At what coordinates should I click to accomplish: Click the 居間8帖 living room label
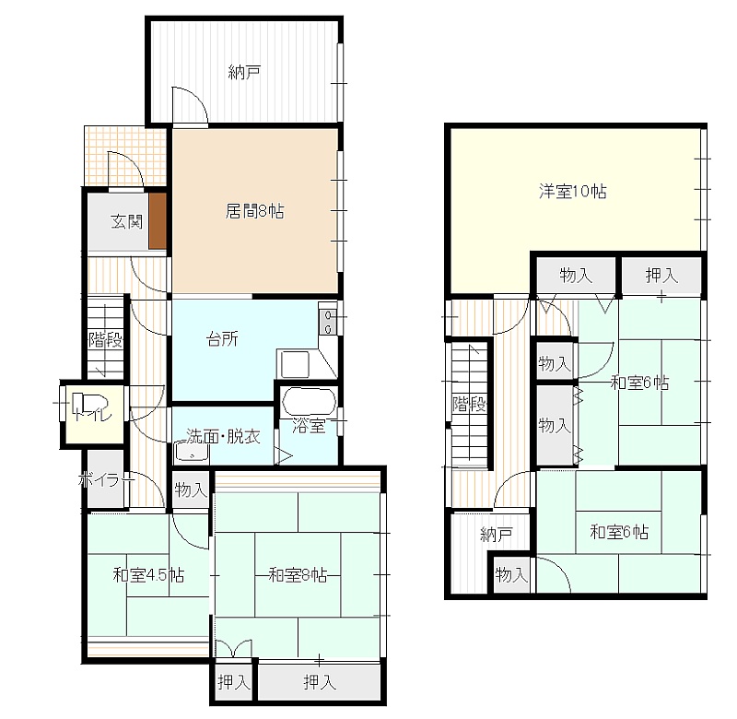pos(254,211)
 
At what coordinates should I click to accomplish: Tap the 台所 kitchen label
pos(222,338)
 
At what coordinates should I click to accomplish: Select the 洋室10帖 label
pos(572,192)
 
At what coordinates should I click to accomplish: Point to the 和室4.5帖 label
pos(148,574)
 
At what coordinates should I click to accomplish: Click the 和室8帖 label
pos(298,574)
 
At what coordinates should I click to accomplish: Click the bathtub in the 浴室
pos(309,402)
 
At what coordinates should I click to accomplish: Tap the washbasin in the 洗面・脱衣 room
pos(192,452)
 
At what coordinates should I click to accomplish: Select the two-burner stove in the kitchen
pos(328,321)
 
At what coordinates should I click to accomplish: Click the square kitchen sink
pos(295,364)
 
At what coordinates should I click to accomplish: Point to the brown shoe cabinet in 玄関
pos(158,220)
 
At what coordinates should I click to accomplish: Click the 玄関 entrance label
pos(127,221)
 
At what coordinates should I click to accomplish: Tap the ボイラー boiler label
pos(106,480)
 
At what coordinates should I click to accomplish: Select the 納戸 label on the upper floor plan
pos(497,535)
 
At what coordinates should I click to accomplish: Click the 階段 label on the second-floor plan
pos(469,404)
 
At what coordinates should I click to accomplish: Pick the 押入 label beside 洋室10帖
pos(661,275)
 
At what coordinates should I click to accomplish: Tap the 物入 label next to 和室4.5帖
pos(191,489)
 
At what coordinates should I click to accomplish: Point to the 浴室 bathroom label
pos(309,426)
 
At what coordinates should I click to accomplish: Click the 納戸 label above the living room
pos(244,73)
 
